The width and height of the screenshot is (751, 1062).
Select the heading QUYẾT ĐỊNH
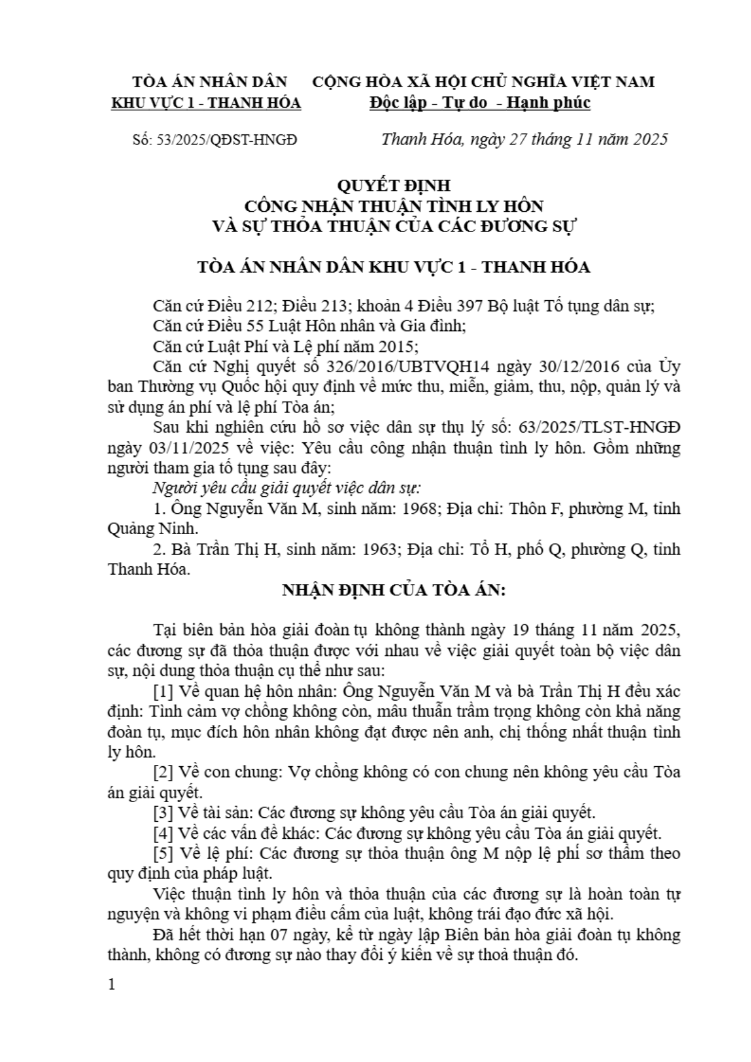[x=394, y=185]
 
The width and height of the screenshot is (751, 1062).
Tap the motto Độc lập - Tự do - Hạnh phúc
[x=480, y=103]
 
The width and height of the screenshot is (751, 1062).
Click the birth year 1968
[x=420, y=508]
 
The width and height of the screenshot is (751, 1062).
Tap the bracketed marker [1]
[x=164, y=691]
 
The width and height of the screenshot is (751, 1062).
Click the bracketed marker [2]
[x=164, y=772]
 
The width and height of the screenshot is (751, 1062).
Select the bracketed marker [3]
[x=164, y=812]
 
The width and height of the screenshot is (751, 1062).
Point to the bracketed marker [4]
[x=164, y=833]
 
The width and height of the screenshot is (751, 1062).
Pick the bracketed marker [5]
[x=164, y=853]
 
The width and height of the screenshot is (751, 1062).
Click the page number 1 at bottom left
[x=112, y=984]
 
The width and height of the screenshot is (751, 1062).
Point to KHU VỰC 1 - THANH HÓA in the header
[x=206, y=103]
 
